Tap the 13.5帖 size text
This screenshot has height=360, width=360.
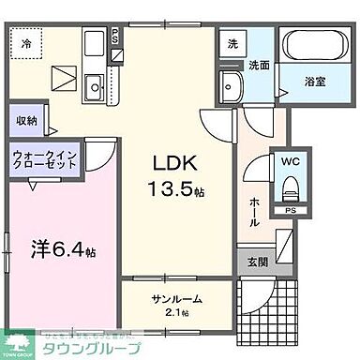click(x=178, y=188)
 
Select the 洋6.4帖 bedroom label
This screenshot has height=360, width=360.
click(x=62, y=250)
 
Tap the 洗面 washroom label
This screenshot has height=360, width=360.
click(x=260, y=65)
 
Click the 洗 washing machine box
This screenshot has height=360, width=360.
click(x=231, y=43)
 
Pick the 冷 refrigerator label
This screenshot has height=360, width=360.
click(x=27, y=42)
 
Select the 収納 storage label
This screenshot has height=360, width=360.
click(x=26, y=121)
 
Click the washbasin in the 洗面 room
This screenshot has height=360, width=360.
click(x=232, y=88)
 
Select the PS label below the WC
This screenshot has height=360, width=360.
click(x=290, y=212)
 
